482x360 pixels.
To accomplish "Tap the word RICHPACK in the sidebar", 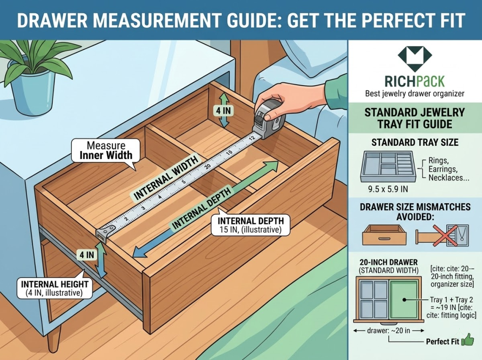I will coord(415,81).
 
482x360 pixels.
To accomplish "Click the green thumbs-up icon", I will coord(468,340).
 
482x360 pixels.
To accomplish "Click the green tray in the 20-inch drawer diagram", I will coord(404,299).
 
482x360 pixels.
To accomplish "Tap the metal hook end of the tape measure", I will coord(104,232).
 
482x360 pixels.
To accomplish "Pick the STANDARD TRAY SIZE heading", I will coord(414,142).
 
